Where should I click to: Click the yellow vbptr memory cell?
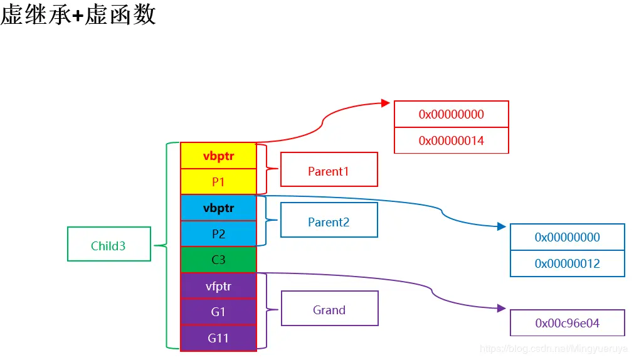pyautogui.click(x=218, y=156)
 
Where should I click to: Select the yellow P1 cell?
pyautogui.click(x=218, y=182)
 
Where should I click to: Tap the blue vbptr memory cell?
pyautogui.click(x=218, y=208)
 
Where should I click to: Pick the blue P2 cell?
pyautogui.click(x=218, y=234)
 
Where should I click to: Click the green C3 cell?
pyautogui.click(x=218, y=260)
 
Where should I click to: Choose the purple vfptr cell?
pyautogui.click(x=218, y=286)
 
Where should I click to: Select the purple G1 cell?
pyautogui.click(x=218, y=312)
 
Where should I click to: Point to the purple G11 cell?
pyautogui.click(x=218, y=338)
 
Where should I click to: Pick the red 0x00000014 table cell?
pyautogui.click(x=451, y=140)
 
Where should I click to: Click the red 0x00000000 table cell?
pyautogui.click(x=451, y=114)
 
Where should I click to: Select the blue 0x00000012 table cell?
pyautogui.click(x=567, y=263)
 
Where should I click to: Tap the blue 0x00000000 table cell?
pyautogui.click(x=567, y=237)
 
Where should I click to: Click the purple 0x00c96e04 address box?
pyautogui.click(x=567, y=323)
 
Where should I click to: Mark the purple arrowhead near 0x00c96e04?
pyautogui.click(x=501, y=308)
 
